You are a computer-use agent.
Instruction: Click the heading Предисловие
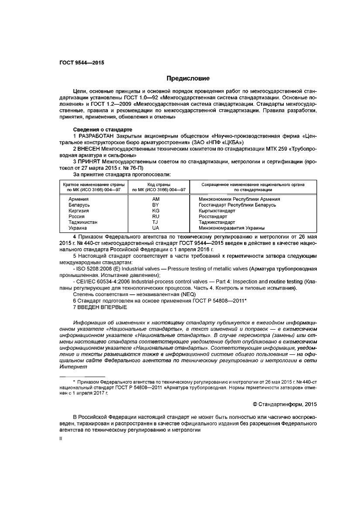[188, 78]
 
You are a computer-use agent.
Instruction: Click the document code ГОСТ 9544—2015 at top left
[82, 63]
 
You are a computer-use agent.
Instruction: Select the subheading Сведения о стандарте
[102, 130]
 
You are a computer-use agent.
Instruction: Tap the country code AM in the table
[156, 199]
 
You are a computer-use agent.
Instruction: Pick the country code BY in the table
[156, 205]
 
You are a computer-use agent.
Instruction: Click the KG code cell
[156, 210]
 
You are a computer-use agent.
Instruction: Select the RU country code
[156, 216]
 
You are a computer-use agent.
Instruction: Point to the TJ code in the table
[156, 222]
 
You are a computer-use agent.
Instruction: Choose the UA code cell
[156, 228]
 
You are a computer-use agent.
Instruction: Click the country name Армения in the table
[78, 199]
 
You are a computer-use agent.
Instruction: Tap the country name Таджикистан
[83, 222]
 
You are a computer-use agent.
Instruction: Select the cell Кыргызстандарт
[217, 210]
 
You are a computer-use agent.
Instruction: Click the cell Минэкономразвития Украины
[231, 228]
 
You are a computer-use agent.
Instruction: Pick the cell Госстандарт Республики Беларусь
[237, 205]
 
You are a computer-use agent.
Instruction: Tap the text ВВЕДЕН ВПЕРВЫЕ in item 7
[102, 307]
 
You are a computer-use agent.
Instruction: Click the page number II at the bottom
[61, 439]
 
